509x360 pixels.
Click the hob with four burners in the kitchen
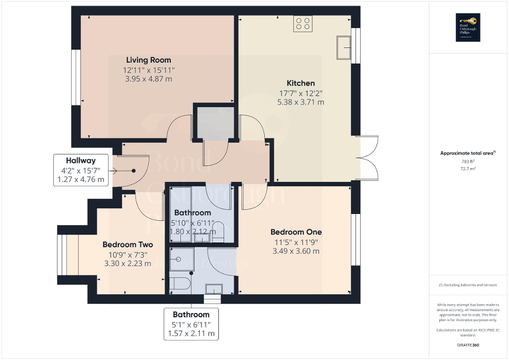pyautogui.click(x=303, y=23)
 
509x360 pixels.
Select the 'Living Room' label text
pyautogui.click(x=148, y=60)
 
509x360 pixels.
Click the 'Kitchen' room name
pyautogui.click(x=301, y=83)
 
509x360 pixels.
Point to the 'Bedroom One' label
pyautogui.click(x=295, y=232)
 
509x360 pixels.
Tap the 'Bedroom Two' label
pyautogui.click(x=128, y=245)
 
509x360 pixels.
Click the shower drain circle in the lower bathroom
pyautogui.click(x=179, y=259)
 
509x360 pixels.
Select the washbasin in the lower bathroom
pyautogui.click(x=214, y=288)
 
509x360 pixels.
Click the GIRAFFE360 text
pyautogui.click(x=468, y=345)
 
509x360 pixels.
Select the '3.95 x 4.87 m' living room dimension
pyautogui.click(x=148, y=79)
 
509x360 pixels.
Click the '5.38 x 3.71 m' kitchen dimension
pyautogui.click(x=301, y=102)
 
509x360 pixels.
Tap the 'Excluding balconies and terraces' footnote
pyautogui.click(x=468, y=285)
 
